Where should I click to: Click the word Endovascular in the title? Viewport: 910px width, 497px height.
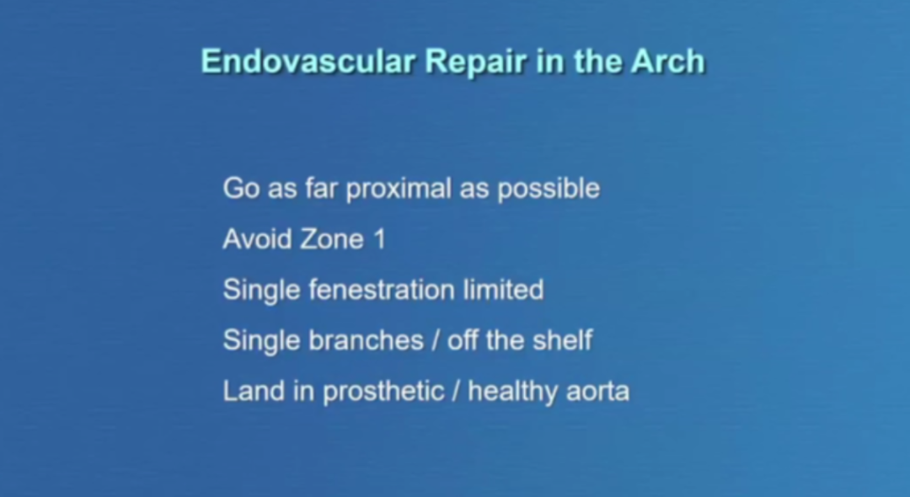click(x=308, y=61)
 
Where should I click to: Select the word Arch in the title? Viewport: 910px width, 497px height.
click(x=668, y=61)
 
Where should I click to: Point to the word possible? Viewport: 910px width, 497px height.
click(x=549, y=190)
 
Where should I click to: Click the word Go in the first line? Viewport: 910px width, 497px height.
click(x=242, y=189)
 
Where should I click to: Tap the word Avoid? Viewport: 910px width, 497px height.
click(x=256, y=239)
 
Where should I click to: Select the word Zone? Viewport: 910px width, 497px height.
click(x=331, y=239)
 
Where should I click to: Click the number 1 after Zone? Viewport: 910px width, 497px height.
click(x=379, y=239)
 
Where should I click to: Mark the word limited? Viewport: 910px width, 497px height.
click(x=503, y=290)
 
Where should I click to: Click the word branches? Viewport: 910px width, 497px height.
click(x=367, y=339)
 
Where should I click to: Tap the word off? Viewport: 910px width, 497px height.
click(x=462, y=339)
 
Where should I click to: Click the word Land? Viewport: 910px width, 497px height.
click(x=254, y=391)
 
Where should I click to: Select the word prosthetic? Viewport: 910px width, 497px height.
click(x=383, y=392)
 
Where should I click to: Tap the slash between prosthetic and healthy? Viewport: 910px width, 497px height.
click(x=456, y=392)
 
